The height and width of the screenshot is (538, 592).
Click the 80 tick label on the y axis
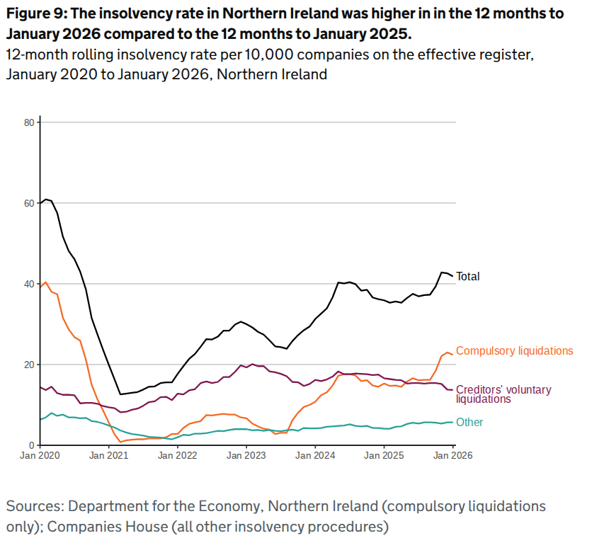click(x=30, y=122)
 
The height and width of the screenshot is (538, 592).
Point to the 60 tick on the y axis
click(x=30, y=203)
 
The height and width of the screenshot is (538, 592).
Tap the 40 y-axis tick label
click(x=30, y=284)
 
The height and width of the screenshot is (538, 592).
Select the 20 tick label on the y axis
click(x=30, y=365)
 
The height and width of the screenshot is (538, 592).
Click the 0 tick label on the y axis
click(x=32, y=445)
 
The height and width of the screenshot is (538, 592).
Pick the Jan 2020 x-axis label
click(x=40, y=457)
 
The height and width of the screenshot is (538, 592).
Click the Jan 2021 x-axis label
click(x=109, y=457)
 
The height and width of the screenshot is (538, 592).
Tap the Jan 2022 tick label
click(x=178, y=457)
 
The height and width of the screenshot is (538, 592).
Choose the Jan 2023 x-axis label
click(x=246, y=457)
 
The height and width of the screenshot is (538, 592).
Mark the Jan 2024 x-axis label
click(x=315, y=457)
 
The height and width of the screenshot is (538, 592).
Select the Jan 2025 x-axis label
click(x=384, y=457)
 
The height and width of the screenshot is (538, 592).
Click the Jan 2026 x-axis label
click(x=452, y=457)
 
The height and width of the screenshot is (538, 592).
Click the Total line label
click(x=468, y=277)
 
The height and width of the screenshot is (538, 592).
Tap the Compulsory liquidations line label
click(x=515, y=350)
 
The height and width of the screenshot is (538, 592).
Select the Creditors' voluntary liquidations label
click(x=503, y=394)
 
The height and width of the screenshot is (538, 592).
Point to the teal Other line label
click(x=469, y=423)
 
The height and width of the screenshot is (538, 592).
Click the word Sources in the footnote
click(x=33, y=507)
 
